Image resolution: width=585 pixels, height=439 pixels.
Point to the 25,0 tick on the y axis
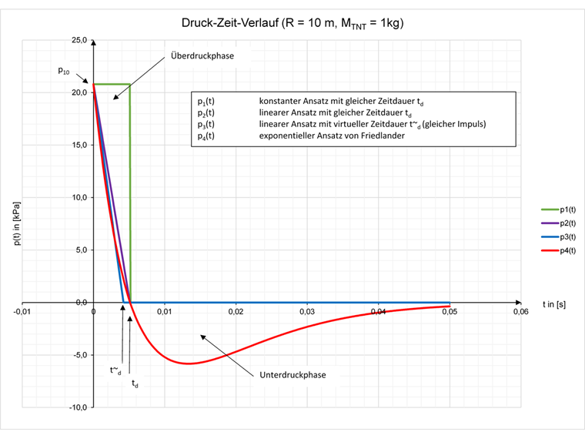coord(79,40)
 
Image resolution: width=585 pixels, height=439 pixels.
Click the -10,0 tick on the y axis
coord(77,407)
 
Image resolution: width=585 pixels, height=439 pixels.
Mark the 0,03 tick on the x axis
coord(306,312)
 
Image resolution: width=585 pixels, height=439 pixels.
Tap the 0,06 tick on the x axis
coord(520,312)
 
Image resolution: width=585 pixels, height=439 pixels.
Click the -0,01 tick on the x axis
coord(22,312)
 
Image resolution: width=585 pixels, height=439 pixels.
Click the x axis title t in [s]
coord(553,304)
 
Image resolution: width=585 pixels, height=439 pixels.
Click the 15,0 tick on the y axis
coord(79,145)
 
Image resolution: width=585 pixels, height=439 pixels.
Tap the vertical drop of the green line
coord(129,193)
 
